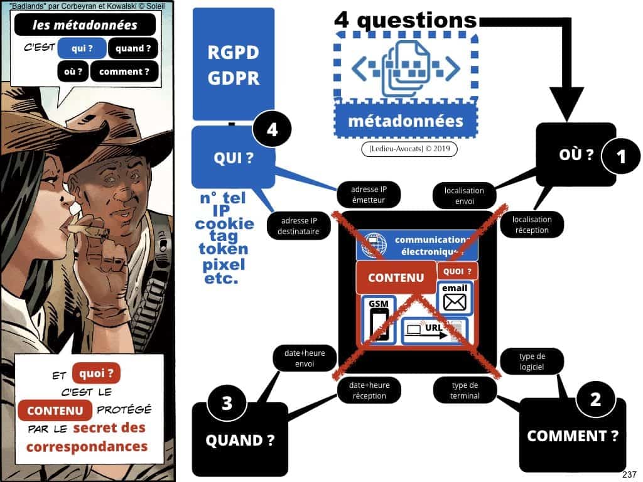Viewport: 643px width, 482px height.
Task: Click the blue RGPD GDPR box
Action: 233,63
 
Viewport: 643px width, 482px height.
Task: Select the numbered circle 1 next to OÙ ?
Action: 621,156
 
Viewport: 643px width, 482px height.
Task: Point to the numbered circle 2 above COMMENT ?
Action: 596,399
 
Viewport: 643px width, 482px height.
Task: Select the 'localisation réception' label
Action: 531,225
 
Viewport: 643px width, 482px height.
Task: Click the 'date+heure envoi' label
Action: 303,358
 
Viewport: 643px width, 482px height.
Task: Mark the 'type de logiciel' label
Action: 531,361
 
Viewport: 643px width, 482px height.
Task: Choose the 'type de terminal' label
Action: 465,390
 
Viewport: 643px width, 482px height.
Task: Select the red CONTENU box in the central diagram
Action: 396,277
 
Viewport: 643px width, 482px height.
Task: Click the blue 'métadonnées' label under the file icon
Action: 405,120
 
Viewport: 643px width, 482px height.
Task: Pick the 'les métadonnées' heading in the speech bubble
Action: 84,26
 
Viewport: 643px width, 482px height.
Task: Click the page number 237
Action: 630,474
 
